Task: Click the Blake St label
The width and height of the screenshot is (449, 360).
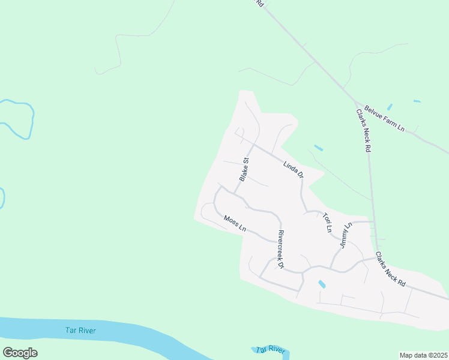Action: click(x=244, y=169)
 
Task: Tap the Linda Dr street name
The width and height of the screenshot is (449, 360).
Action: click(x=294, y=167)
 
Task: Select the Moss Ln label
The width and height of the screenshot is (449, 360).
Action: click(x=235, y=223)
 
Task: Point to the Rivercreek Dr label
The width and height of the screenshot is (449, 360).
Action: click(x=280, y=248)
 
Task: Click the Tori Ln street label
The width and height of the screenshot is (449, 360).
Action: click(x=327, y=221)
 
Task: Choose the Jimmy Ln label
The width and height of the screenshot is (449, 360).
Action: click(x=344, y=236)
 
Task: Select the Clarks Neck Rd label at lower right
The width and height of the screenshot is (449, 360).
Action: click(x=391, y=268)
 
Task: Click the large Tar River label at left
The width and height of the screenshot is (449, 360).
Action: click(x=80, y=330)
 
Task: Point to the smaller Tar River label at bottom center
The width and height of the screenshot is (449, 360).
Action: click(x=270, y=349)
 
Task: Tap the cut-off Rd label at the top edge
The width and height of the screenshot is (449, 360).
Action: click(x=260, y=3)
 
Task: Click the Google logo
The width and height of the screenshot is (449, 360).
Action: click(x=20, y=352)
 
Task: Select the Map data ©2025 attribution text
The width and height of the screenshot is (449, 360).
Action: click(x=423, y=355)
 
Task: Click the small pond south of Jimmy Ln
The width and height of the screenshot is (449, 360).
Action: click(x=322, y=284)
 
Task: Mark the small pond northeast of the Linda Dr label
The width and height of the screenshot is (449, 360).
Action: click(x=318, y=148)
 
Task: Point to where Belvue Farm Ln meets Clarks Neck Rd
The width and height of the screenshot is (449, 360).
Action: click(x=357, y=103)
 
